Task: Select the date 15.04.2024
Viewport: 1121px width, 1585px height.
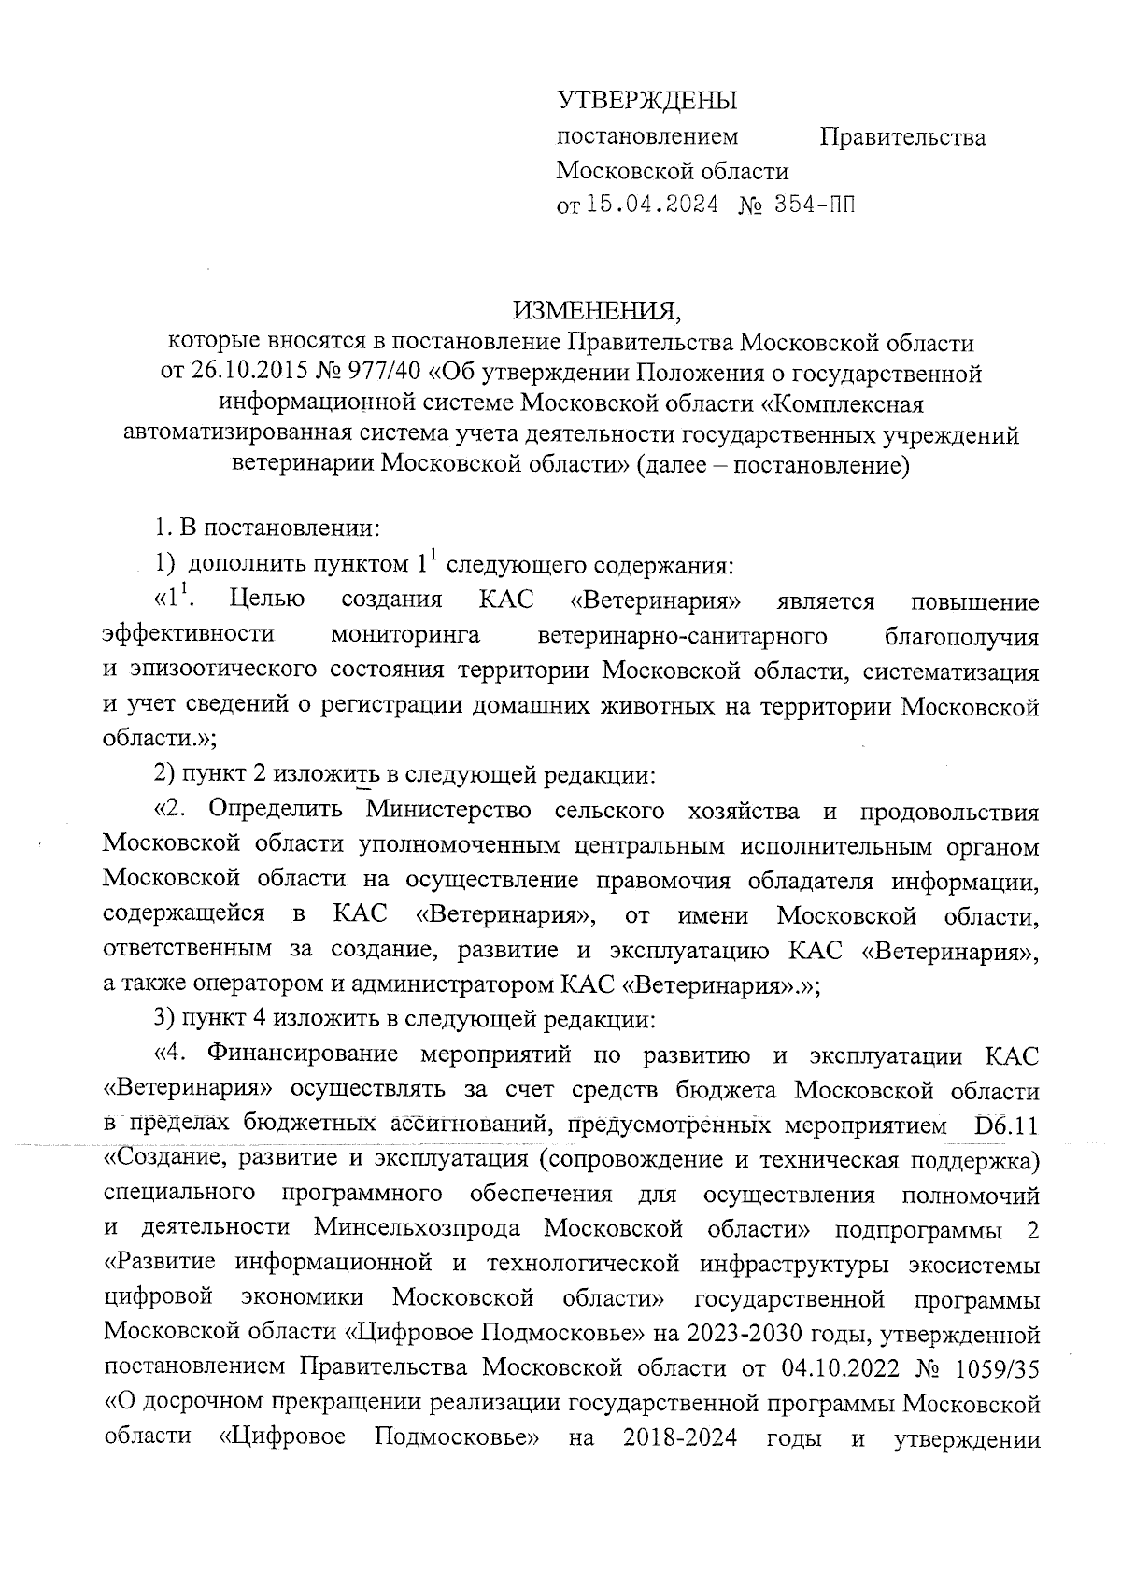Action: click(651, 205)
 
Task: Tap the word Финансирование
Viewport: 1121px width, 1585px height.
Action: click(307, 1054)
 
